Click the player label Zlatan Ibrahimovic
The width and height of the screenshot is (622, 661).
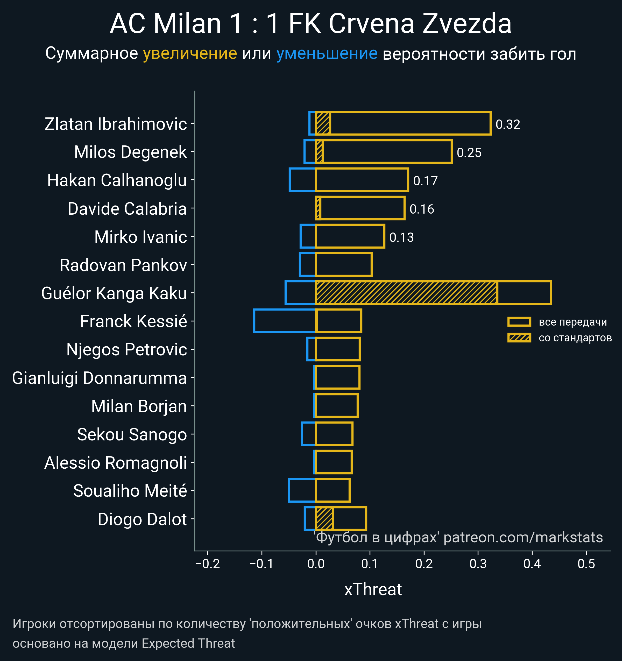coord(116,124)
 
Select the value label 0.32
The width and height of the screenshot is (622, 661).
coord(508,124)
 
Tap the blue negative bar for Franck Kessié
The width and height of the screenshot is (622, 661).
coord(284,321)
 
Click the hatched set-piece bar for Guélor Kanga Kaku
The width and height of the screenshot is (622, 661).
coord(406,293)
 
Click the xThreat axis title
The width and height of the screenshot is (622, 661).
coord(373,589)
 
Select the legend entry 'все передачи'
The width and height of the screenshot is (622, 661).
coord(572,322)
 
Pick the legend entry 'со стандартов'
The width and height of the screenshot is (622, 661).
coord(575,338)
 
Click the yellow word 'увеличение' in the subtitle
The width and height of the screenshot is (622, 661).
coord(190,54)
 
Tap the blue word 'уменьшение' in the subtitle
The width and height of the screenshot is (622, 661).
coord(327,54)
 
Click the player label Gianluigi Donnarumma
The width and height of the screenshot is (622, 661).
coord(100,378)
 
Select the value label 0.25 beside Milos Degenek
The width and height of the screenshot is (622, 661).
coord(469,153)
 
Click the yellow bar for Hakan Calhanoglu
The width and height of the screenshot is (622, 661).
coord(362,180)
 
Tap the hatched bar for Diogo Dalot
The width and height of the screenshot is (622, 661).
coord(324,519)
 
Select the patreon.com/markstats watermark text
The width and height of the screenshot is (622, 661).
coord(523,538)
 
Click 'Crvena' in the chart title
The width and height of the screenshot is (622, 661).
coord(371,24)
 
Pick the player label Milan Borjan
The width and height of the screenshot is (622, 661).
coord(139,406)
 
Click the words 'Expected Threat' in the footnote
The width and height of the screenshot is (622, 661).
coord(188,643)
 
